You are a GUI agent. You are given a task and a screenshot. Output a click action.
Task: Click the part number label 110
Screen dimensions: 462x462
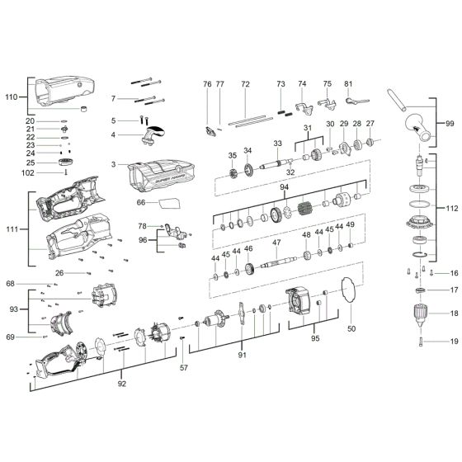pos(11,97)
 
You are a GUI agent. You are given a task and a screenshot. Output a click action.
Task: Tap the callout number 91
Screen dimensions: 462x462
pos(242,356)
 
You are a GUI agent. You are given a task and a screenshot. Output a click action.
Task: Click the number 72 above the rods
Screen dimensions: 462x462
pos(245,84)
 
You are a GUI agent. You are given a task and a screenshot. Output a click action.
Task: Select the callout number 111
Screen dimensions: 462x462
pos(11,229)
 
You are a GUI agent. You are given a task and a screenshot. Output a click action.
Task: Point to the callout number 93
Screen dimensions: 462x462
pos(11,309)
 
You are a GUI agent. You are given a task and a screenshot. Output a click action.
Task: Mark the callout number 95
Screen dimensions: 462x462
pos(314,338)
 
